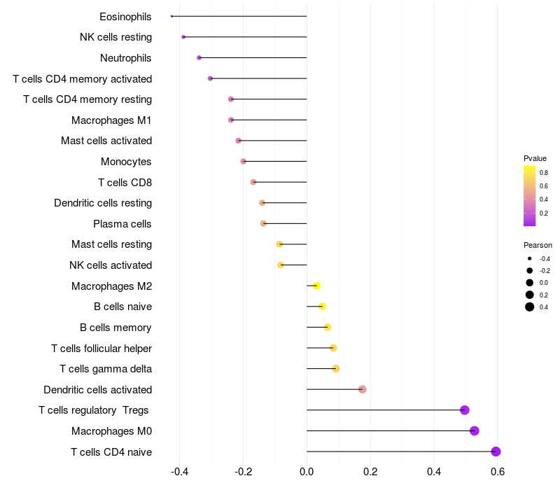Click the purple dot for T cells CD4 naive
pos(496,451)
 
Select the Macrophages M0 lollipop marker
pos(475,430)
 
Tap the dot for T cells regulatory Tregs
pos(465,410)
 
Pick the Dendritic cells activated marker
pos(362,389)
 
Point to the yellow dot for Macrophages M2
pos(316,286)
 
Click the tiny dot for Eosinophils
pos(171,16)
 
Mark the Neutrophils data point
pos(199,57)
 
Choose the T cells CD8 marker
pos(253,182)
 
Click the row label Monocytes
pos(126,162)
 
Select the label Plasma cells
pos(122,224)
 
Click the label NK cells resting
pos(115,37)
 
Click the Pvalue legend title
pos(535,158)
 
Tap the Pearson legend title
pos(538,246)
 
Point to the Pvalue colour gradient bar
pos(530,196)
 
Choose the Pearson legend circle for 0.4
pos(530,307)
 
